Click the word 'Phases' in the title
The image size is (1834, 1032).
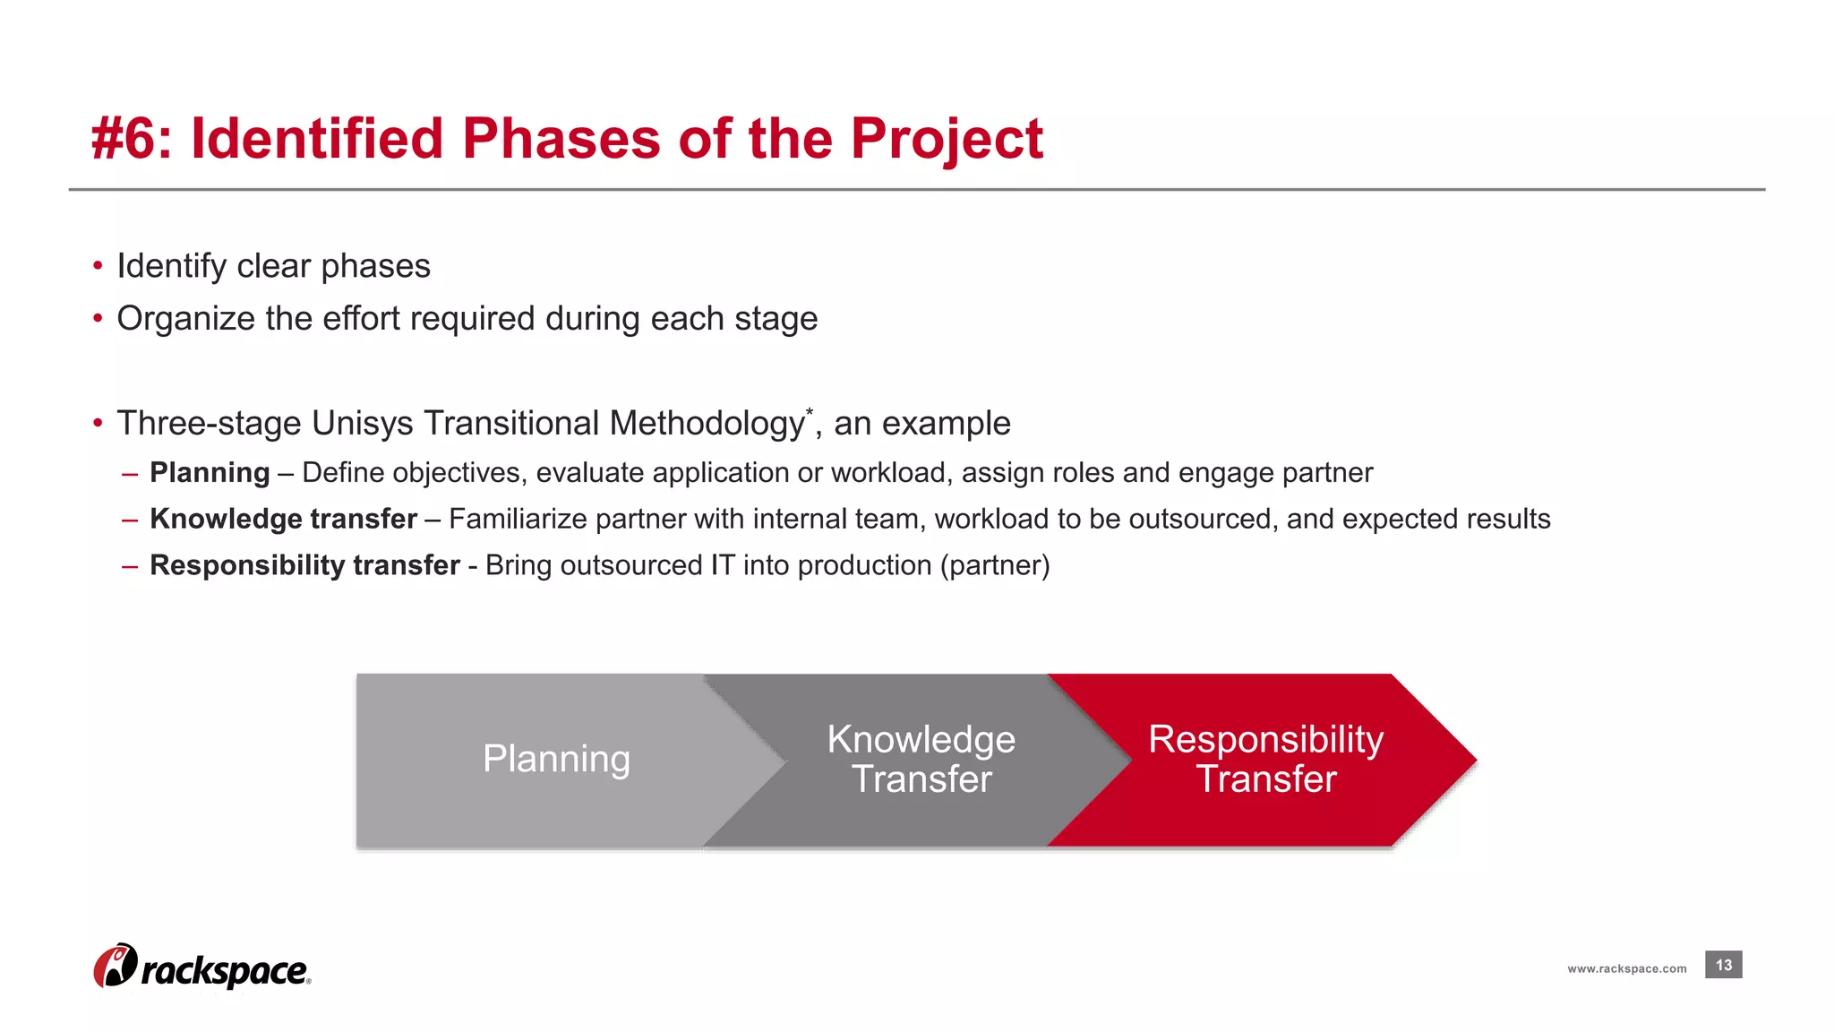tap(561, 140)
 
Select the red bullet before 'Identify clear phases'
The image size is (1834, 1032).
tap(98, 266)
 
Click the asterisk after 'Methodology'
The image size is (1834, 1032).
tap(810, 412)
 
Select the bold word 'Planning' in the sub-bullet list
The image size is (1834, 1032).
tap(210, 472)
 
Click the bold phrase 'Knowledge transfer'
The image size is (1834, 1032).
tap(283, 519)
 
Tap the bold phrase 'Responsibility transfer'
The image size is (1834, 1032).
tap(304, 565)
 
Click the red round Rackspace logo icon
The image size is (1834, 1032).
tap(115, 967)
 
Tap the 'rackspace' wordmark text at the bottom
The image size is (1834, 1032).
tap(225, 971)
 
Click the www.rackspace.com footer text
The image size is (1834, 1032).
tap(1626, 968)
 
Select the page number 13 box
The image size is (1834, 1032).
tap(1723, 965)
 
